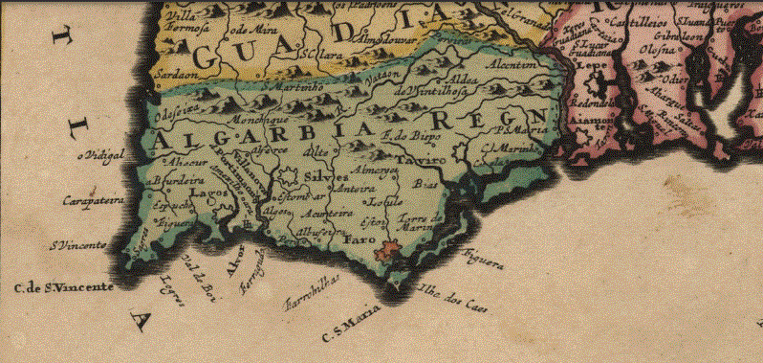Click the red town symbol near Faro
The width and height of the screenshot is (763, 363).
[x=387, y=252]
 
